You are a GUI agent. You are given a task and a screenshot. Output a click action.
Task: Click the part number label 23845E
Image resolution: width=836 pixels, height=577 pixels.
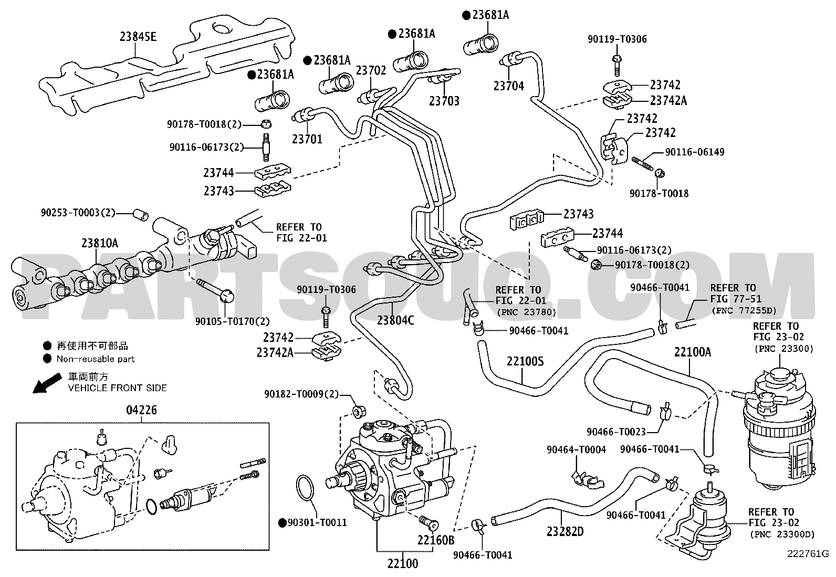(x=138, y=37)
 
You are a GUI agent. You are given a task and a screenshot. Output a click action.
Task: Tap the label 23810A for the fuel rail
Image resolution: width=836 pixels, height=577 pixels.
(x=100, y=243)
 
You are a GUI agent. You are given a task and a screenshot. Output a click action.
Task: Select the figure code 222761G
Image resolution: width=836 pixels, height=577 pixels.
(x=808, y=554)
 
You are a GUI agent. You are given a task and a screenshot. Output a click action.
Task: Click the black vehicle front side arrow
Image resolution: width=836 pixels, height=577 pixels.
(x=47, y=383)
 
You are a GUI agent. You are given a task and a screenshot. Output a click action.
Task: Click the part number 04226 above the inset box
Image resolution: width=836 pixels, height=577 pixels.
(x=141, y=410)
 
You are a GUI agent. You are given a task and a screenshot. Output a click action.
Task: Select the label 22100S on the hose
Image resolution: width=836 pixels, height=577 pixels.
(x=525, y=361)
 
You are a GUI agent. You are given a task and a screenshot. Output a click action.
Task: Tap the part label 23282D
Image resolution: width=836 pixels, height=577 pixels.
(x=565, y=531)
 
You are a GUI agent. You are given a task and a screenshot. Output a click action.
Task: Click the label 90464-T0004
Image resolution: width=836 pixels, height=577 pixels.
(x=576, y=450)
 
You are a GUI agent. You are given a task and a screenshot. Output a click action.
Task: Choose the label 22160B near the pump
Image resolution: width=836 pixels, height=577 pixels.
(x=435, y=540)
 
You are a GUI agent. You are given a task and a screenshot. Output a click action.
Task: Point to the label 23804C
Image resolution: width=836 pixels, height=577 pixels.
(x=395, y=320)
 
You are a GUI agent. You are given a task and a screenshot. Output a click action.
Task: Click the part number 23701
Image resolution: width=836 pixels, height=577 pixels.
(x=307, y=139)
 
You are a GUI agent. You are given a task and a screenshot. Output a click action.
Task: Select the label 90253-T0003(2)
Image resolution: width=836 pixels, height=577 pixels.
(x=78, y=213)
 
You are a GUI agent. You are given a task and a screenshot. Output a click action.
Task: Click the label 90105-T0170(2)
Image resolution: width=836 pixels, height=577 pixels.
(x=232, y=321)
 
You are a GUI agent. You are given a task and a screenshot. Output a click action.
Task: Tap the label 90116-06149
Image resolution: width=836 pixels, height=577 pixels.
(x=695, y=152)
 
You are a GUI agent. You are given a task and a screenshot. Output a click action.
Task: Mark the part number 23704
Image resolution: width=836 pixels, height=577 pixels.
(x=509, y=86)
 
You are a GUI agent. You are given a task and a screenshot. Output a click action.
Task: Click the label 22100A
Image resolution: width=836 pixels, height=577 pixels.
(x=692, y=352)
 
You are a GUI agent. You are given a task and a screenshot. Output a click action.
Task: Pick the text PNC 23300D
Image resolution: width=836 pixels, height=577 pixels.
(x=782, y=535)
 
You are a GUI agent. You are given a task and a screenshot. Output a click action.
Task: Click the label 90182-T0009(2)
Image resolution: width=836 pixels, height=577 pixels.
(x=301, y=394)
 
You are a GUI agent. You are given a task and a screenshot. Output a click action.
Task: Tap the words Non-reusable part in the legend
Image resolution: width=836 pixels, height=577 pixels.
(x=95, y=359)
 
